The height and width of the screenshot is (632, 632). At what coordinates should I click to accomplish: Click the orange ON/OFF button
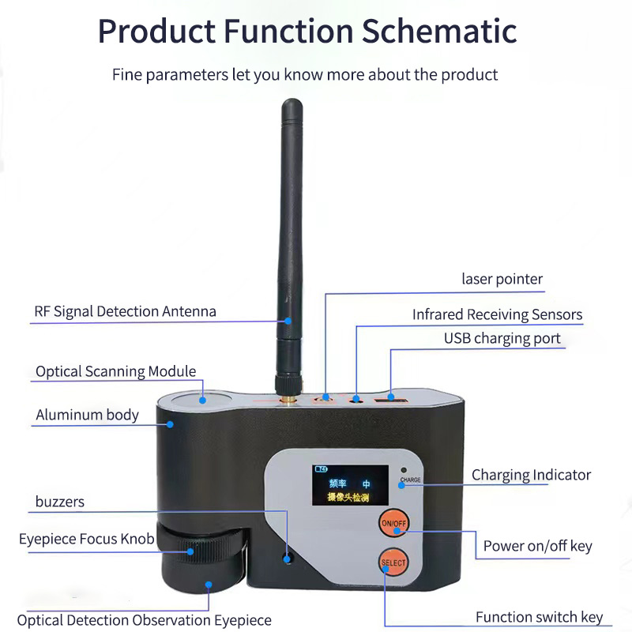393,523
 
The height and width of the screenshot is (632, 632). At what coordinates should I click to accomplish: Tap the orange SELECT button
393,562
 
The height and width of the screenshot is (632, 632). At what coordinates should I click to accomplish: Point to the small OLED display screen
350,485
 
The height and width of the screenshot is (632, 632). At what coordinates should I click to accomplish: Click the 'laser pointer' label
502,279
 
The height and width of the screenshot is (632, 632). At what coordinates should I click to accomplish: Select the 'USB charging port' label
502,339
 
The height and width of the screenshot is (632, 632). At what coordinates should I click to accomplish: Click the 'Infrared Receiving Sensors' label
497,314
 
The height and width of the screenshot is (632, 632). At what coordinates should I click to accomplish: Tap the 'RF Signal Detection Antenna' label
125,311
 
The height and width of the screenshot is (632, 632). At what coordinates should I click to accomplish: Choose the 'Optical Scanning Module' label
115,371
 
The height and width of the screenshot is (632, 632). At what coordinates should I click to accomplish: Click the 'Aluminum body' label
87,415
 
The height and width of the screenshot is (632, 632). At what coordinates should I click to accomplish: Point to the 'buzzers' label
60,502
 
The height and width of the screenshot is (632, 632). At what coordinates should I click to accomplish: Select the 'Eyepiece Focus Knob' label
86,539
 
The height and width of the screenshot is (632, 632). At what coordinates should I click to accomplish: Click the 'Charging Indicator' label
531,476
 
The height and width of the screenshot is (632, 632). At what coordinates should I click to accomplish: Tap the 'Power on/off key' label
538,546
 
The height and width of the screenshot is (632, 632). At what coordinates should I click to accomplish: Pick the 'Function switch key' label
539,617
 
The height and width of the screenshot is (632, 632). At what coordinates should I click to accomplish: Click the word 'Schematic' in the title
439,32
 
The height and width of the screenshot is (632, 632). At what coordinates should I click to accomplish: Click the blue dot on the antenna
288,321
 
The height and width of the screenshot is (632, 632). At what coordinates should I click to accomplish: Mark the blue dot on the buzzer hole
287,559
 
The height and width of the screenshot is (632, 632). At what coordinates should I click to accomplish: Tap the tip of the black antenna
292,100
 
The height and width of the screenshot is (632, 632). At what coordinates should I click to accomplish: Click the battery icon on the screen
322,469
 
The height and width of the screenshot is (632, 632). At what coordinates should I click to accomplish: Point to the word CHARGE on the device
410,480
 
